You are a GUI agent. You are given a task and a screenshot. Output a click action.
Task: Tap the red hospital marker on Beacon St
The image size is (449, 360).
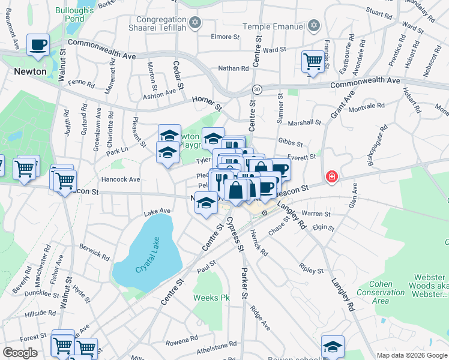tap(331, 177)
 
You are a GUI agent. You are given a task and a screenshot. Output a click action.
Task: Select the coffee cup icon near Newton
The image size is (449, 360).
tap(38, 45)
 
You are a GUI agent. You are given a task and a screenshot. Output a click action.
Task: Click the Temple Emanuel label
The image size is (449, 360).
tap(274, 26)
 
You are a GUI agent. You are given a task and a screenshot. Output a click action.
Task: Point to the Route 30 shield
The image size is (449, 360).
tap(257, 89)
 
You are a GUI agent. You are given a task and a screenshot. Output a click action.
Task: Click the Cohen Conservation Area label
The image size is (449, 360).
tap(388, 292)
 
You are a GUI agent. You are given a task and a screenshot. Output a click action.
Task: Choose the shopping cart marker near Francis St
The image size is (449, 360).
tap(313, 61)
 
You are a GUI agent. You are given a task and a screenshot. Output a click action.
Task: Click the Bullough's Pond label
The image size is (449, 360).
tap(74, 14)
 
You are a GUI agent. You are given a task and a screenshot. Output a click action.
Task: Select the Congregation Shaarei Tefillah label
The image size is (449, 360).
tap(158, 22)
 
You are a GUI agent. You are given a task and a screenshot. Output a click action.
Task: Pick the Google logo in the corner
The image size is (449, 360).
tap(20, 353)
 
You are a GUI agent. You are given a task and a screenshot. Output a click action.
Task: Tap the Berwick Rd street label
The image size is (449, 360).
tap(94, 253)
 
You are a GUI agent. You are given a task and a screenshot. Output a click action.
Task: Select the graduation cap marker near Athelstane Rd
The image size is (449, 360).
tap(333, 347)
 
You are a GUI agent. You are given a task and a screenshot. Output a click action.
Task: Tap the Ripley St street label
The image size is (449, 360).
tap(312, 271)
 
